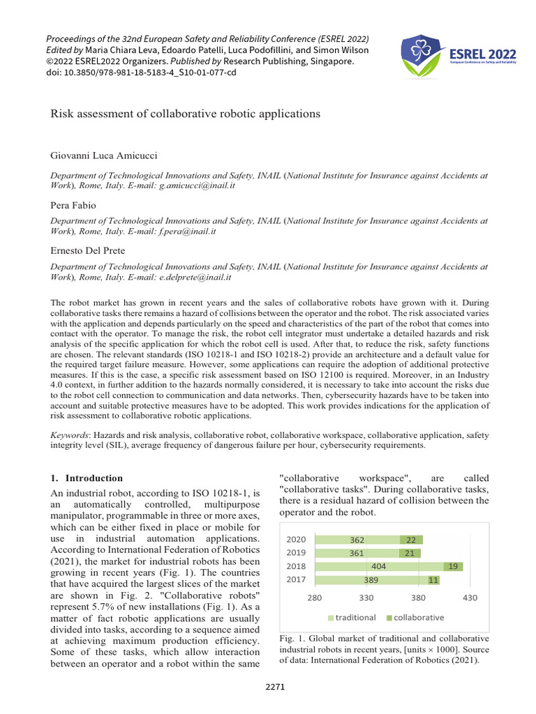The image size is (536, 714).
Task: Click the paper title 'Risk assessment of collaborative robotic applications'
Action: pos(186,113)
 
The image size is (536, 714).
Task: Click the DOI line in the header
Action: pos(140,73)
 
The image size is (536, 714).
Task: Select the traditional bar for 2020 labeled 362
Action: pos(357,540)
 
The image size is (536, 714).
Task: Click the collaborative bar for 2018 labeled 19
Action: pos(453,567)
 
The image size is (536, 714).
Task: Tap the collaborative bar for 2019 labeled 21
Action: pos(410,553)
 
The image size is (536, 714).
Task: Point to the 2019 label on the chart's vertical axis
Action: pos(297,553)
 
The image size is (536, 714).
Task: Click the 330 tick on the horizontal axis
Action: pos(367,598)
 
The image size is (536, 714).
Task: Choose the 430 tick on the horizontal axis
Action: pos(470,598)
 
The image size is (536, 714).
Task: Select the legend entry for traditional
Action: pos(352,617)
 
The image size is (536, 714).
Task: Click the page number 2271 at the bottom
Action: pos(275,687)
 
